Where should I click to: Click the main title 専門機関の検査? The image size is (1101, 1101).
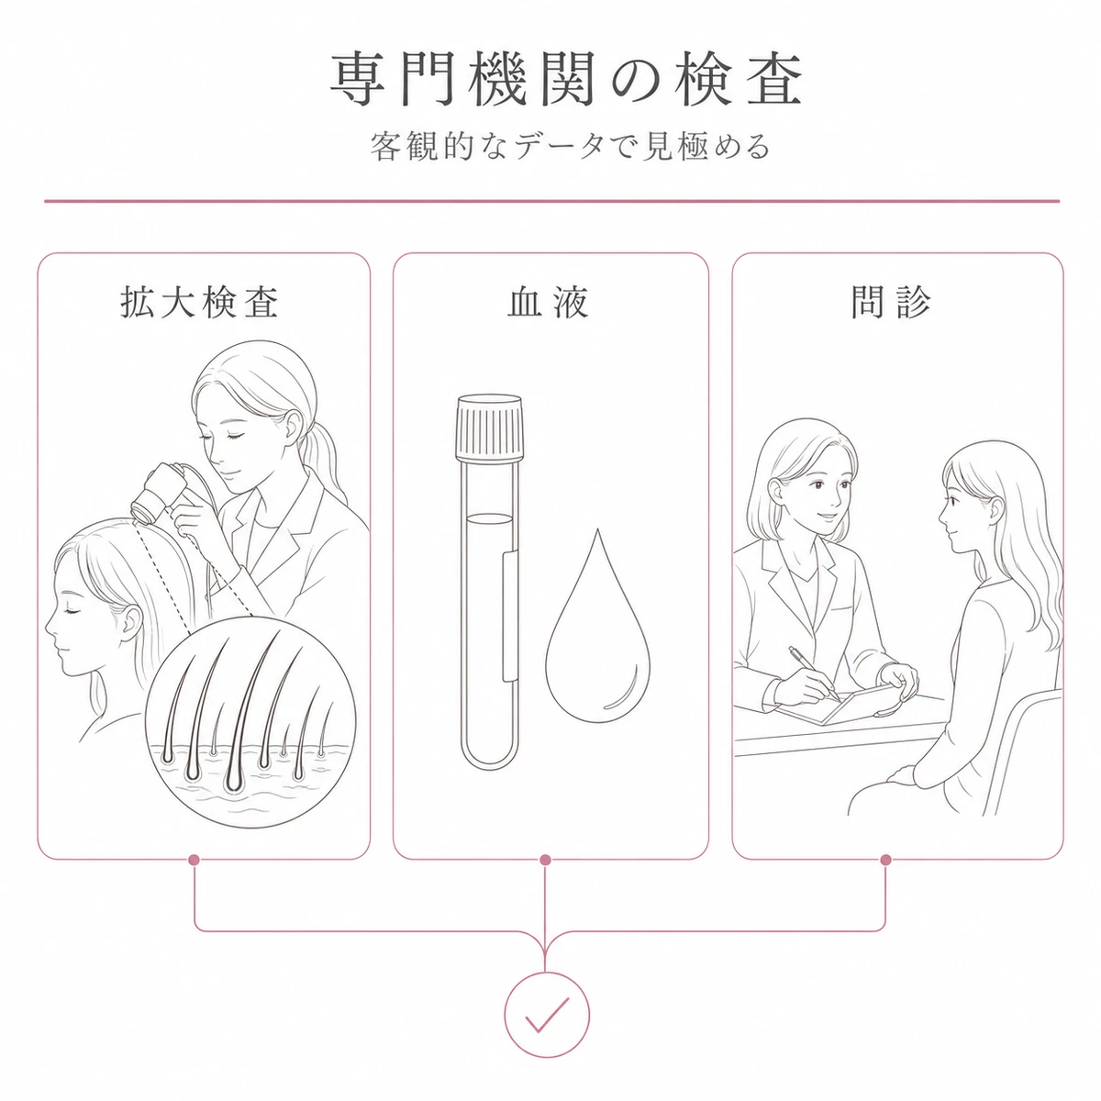coord(566,80)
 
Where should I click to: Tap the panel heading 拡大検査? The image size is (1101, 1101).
coord(199,302)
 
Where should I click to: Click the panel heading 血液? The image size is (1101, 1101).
coord(548,302)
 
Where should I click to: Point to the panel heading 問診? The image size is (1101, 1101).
coord(891,302)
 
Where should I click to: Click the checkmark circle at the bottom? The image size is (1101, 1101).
coord(546,1014)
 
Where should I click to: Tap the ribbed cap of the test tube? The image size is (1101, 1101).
coord(489,427)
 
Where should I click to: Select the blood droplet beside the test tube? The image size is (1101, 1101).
coord(597,626)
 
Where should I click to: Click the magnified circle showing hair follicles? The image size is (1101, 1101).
coord(250,721)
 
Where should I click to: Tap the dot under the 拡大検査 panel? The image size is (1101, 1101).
coord(194,860)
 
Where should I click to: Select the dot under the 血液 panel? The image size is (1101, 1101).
coord(545,860)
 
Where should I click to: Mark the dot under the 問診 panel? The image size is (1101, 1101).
coord(886,860)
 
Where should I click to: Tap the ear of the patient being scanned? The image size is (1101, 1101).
coord(130,625)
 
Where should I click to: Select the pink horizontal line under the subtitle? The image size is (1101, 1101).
coord(552,201)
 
